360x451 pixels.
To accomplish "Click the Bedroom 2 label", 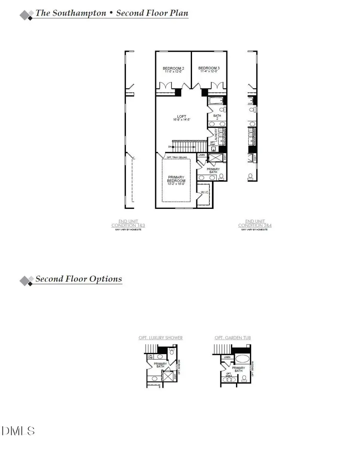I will click(173, 68).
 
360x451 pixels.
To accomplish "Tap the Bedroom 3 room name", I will click(209, 68).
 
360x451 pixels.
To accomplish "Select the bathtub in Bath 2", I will click(215, 100).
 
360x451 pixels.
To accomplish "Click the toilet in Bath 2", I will click(224, 109).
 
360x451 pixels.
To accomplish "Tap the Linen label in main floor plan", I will click(202, 154).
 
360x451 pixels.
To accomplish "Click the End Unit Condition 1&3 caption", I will click(128, 223).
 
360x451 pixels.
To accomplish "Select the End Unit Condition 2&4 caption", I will click(255, 223).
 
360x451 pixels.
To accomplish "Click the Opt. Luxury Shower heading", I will click(160, 338).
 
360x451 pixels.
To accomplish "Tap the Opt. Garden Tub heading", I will click(233, 338).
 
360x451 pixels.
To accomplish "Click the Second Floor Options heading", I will click(78, 279).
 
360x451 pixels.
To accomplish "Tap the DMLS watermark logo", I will click(18, 431).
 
